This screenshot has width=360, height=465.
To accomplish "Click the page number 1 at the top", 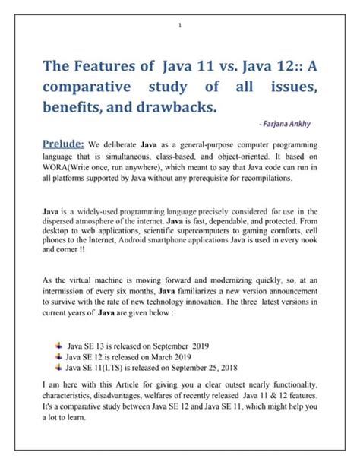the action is (x=180, y=26).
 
